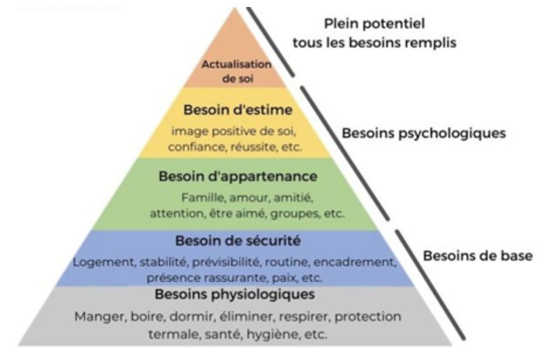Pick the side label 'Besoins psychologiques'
[x=423, y=132]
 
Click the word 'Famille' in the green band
[x=203, y=197]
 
